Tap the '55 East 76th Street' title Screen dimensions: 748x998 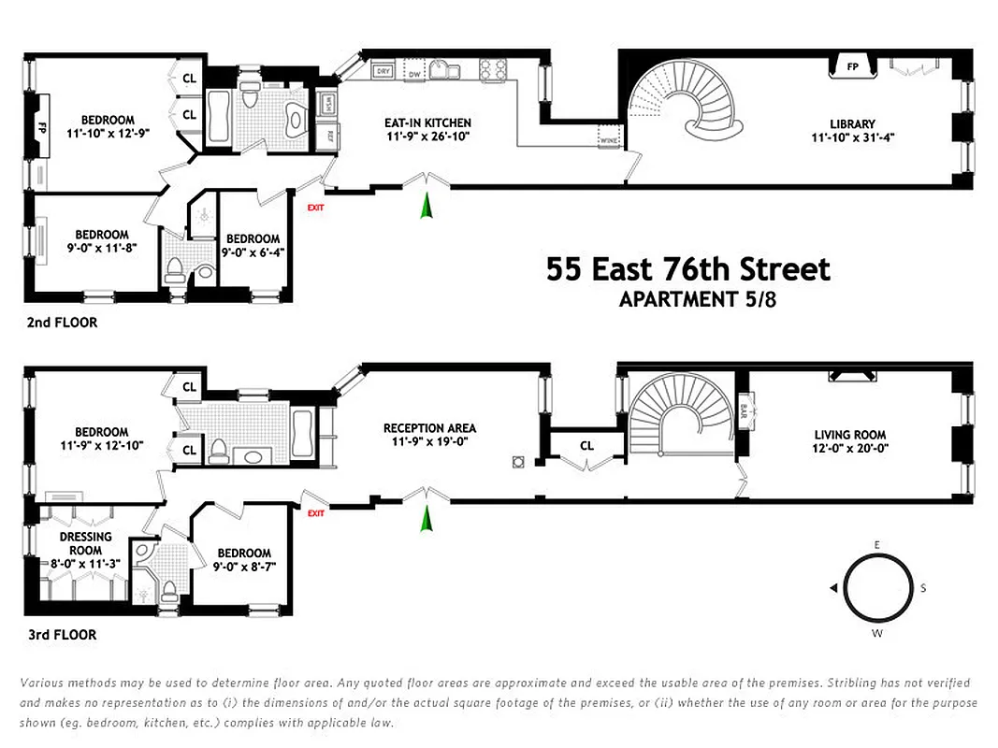(x=687, y=270)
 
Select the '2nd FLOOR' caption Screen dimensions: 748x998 (x=61, y=323)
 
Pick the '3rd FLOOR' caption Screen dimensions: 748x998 (x=61, y=635)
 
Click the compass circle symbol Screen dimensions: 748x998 (x=878, y=588)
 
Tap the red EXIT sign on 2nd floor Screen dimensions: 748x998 (x=315, y=208)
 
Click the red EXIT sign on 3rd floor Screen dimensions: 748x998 (x=315, y=513)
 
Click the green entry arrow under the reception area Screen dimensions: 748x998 (x=427, y=517)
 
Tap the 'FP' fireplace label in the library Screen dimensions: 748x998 (x=852, y=67)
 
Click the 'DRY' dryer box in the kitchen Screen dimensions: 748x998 (x=382, y=71)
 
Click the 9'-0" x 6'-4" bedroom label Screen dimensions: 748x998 (x=253, y=245)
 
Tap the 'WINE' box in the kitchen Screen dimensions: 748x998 (x=607, y=141)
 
